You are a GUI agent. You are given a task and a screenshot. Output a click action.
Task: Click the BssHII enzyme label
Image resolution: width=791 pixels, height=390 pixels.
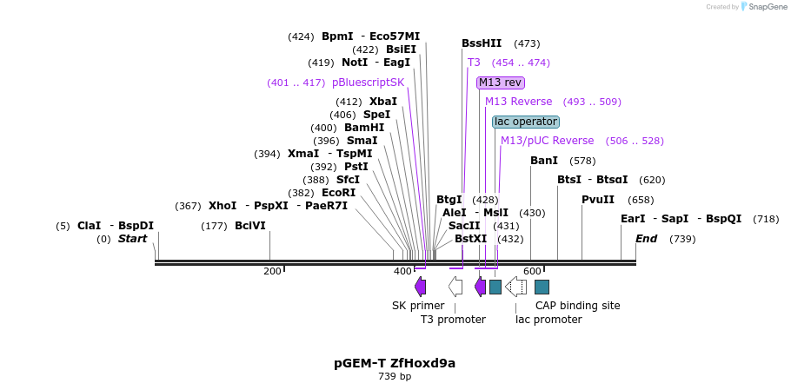pyautogui.click(x=482, y=43)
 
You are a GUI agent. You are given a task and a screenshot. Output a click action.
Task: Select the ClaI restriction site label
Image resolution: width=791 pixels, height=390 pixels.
pyautogui.click(x=90, y=226)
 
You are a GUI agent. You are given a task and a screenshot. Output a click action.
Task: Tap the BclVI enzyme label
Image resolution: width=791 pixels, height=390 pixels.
pyautogui.click(x=250, y=226)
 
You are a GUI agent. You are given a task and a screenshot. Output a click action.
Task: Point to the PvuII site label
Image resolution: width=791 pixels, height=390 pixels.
pyautogui.click(x=598, y=200)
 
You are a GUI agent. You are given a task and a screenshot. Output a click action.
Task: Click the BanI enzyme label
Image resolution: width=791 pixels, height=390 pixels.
pyautogui.click(x=544, y=161)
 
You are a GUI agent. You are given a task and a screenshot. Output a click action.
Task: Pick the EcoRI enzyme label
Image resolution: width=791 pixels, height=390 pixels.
pyautogui.click(x=339, y=193)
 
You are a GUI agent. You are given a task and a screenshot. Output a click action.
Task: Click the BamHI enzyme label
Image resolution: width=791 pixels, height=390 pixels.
pyautogui.click(x=364, y=128)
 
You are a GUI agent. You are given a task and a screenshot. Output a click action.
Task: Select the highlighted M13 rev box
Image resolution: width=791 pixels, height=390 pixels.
pyautogui.click(x=501, y=83)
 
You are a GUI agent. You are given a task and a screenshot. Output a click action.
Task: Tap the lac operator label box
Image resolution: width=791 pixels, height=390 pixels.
pyautogui.click(x=526, y=122)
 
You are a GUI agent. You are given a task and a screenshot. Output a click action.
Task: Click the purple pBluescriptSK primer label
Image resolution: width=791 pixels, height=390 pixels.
pyautogui.click(x=369, y=83)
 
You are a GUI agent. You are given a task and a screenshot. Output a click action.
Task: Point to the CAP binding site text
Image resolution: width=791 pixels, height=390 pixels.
pyautogui.click(x=577, y=306)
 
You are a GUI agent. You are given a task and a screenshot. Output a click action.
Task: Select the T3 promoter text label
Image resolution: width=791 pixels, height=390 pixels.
pyautogui.click(x=453, y=320)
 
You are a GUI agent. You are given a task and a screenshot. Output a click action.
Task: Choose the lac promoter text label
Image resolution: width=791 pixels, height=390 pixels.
pyautogui.click(x=548, y=320)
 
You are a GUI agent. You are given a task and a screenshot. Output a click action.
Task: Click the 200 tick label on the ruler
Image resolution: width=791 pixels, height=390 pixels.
pyautogui.click(x=272, y=272)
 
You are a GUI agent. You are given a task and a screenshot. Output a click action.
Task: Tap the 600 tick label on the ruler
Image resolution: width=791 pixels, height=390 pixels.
pyautogui.click(x=532, y=272)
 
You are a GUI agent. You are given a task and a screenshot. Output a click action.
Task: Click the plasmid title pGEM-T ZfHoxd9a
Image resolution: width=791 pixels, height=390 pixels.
pyautogui.click(x=395, y=363)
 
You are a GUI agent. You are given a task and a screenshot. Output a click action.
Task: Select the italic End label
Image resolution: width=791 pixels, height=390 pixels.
pyautogui.click(x=647, y=239)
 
